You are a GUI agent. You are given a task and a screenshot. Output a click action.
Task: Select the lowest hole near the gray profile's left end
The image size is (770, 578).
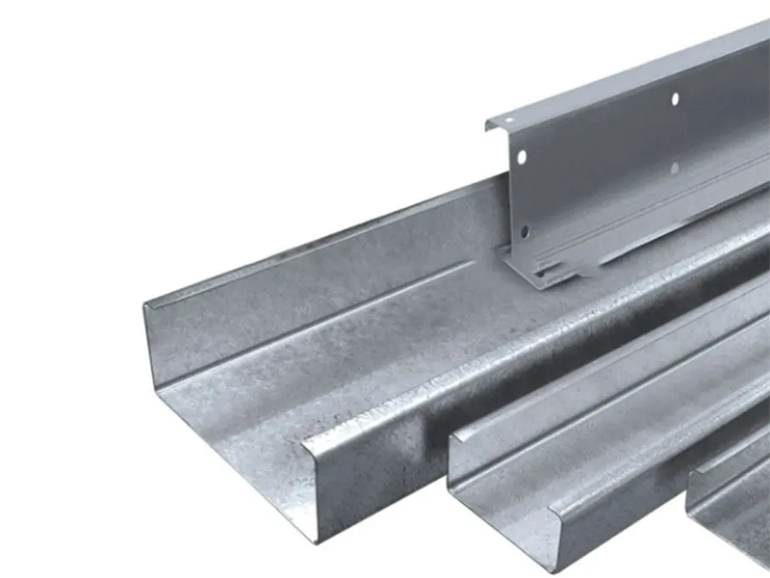tap(525, 231)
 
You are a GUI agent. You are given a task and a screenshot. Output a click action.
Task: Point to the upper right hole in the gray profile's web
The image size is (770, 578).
tap(675, 99)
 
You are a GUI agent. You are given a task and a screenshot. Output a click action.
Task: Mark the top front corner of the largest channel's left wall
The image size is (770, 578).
tap(146, 306)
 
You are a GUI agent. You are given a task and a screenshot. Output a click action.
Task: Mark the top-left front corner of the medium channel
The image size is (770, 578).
tap(450, 437)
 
